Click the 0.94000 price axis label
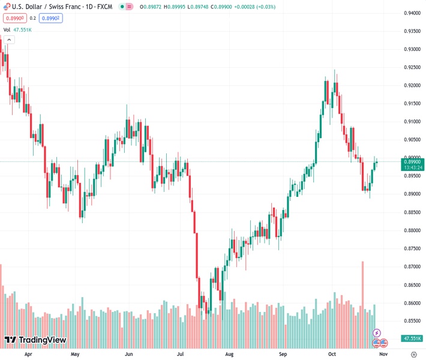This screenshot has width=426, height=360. (x=412, y=13)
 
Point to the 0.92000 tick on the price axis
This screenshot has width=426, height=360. (x=412, y=85)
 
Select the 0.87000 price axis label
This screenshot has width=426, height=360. (x=412, y=266)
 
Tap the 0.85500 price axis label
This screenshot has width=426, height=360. (x=412, y=321)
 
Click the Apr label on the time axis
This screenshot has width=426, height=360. (x=28, y=354)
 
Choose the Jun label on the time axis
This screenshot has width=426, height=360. (x=128, y=354)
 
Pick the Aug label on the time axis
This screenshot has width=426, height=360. (x=229, y=354)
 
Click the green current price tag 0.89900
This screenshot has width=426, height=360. (x=412, y=161)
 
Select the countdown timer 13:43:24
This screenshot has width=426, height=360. (x=412, y=167)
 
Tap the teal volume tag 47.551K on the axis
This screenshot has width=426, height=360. (x=412, y=338)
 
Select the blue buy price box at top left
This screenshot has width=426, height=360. (x=50, y=18)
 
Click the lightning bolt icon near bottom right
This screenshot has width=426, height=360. (x=377, y=332)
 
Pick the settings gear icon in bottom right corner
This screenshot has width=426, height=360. (x=413, y=354)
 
